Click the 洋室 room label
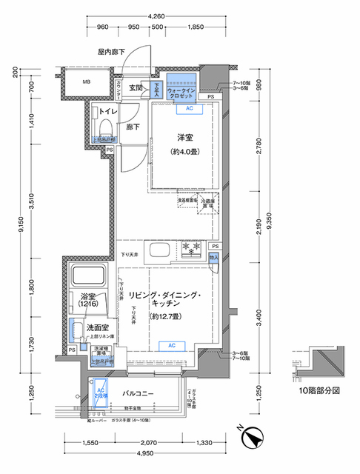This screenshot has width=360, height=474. click(184, 138)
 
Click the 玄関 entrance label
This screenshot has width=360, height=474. click(136, 88)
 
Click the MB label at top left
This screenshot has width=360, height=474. click(87, 82)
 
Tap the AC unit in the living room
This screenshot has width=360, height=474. click(170, 345)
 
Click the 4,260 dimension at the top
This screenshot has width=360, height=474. click(156, 16)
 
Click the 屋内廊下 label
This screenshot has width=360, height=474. click(111, 52)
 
